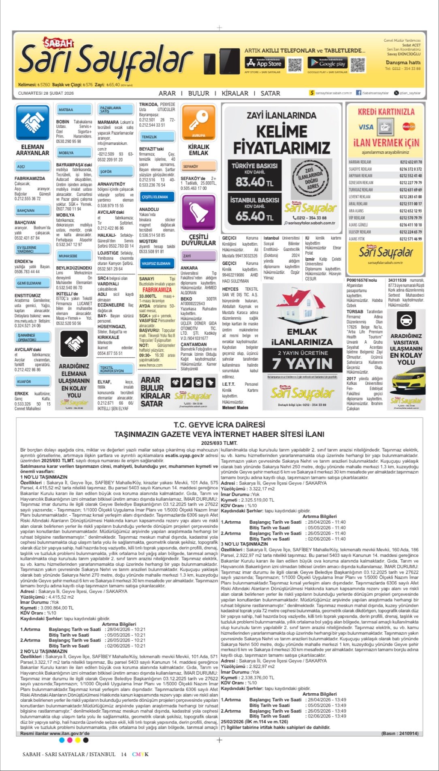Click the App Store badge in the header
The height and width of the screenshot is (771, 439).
264,63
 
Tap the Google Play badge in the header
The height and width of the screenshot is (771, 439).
327,63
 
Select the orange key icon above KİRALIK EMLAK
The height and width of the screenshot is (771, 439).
198,121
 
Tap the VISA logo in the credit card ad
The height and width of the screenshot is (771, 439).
366,127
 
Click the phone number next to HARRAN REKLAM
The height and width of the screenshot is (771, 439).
410,162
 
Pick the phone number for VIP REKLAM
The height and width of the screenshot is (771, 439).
410,218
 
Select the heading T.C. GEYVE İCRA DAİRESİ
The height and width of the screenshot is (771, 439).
219,425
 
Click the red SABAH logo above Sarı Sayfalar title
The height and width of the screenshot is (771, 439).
59,43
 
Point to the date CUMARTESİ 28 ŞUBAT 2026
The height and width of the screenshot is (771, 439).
46,93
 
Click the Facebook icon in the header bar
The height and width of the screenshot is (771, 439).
358,93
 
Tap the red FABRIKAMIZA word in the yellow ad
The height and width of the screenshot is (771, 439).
157,290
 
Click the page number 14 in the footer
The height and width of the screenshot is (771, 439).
124,754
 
